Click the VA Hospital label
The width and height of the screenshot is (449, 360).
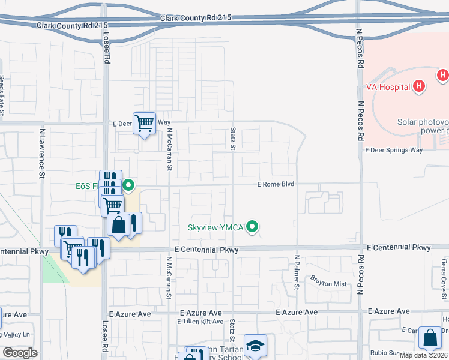[x=388, y=86]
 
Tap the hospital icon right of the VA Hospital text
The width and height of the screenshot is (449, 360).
[x=419, y=86]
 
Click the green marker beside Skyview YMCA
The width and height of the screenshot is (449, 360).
[x=253, y=227]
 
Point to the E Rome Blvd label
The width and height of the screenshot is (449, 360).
[x=276, y=184]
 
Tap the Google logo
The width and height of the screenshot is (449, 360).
[x=20, y=352]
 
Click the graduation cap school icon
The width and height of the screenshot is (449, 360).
[x=255, y=346]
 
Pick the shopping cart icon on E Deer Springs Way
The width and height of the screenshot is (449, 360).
[x=144, y=124]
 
